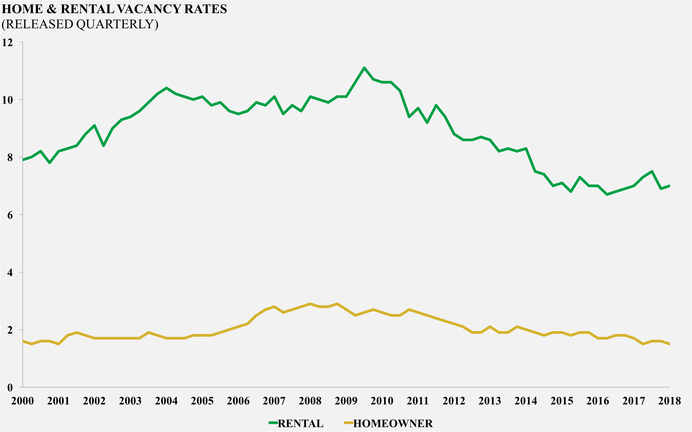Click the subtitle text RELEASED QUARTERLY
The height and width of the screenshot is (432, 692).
(80, 24)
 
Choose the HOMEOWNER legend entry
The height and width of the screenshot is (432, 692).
(393, 423)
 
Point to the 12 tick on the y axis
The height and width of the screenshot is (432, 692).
(7, 43)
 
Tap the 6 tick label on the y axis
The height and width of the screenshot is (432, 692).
(10, 215)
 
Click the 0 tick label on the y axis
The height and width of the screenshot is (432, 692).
(10, 388)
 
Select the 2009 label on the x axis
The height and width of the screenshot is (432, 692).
(346, 401)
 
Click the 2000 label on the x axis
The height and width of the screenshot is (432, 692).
(23, 401)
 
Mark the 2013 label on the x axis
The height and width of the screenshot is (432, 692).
(490, 401)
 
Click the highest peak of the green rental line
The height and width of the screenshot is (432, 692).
(364, 68)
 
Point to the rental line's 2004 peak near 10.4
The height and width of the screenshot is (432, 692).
(166, 88)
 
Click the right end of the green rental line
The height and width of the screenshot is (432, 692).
(669, 186)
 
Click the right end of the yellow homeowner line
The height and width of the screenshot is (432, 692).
(669, 344)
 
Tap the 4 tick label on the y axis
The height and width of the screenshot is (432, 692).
(10, 273)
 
